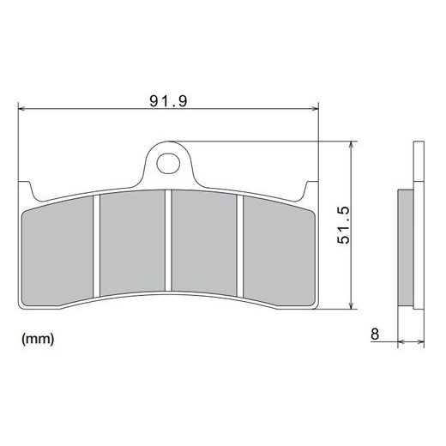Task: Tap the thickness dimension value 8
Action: point(376,332)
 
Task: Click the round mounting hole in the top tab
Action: point(169,160)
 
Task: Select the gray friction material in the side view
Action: point(406,245)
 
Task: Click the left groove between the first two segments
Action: point(98,244)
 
